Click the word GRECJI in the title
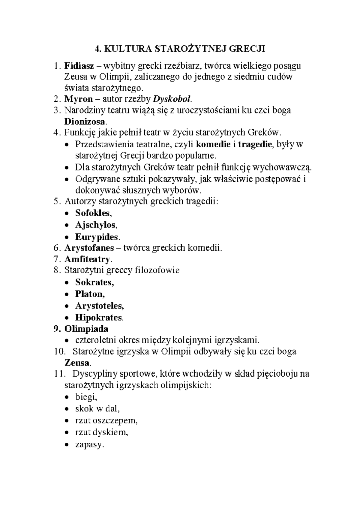click(247, 49)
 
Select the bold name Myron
click(78, 99)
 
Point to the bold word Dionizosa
click(85, 122)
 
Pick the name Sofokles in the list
click(93, 213)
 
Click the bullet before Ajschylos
click(67, 225)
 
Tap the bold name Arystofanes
click(89, 248)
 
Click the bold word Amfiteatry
click(87, 259)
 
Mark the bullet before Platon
click(67, 294)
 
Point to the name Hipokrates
click(99, 318)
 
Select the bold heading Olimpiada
click(86, 329)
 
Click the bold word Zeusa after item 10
click(76, 363)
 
